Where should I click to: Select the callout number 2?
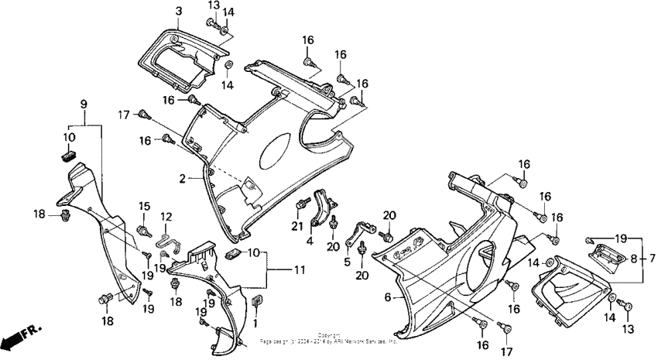pyautogui.click(x=183, y=178)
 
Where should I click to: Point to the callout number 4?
pyautogui.click(x=310, y=241)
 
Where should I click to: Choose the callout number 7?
pyautogui.click(x=652, y=258)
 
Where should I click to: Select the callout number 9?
pyautogui.click(x=84, y=104)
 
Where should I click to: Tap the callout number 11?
pyautogui.click(x=276, y=270)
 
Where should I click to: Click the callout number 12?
pyautogui.click(x=165, y=216)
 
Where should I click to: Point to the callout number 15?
pyautogui.click(x=143, y=206)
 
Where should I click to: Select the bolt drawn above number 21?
pyautogui.click(x=299, y=205)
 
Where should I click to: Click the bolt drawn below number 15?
pyautogui.click(x=143, y=230)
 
